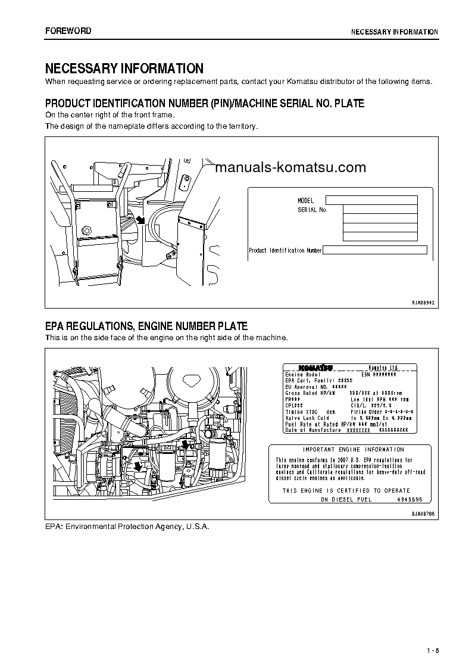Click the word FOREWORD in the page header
pos(68,30)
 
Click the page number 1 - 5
pos(432,651)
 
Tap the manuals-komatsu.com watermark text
pos(290,168)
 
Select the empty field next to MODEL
pos(371,200)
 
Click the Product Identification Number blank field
pos(374,250)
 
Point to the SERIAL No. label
pos(312,210)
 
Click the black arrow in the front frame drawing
pos(140,220)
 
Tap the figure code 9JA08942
pos(423,303)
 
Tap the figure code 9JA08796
pos(423,513)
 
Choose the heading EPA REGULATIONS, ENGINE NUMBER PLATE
pos(146,326)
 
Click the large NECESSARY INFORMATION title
pos(124,69)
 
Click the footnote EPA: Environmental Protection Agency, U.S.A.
pos(127,527)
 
